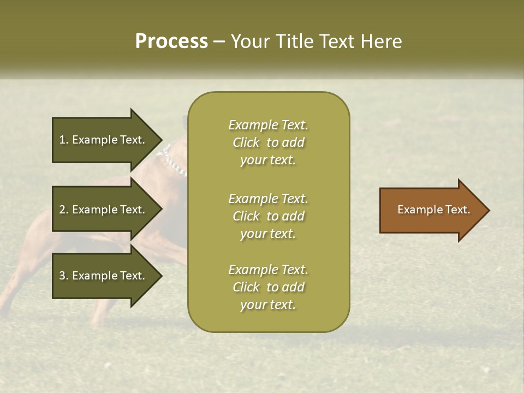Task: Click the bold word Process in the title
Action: (x=171, y=41)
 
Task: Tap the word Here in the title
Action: (x=382, y=41)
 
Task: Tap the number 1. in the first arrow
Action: (x=64, y=140)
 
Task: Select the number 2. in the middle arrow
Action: (x=64, y=210)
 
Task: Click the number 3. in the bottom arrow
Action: (x=64, y=276)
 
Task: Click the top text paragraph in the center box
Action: (x=268, y=142)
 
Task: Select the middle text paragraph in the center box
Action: (x=268, y=216)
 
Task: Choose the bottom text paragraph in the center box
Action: (x=268, y=287)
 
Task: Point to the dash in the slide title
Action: (x=219, y=42)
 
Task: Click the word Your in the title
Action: (x=251, y=41)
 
